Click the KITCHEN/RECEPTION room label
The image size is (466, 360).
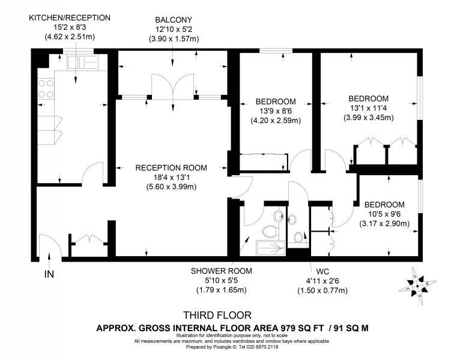coord(70,18)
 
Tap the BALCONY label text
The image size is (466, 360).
coord(174,20)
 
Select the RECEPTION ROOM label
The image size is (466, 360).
coord(171,168)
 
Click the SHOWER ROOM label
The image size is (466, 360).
coord(222,271)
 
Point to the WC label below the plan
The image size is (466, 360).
coord(322,271)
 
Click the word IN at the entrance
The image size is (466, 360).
coord(49,274)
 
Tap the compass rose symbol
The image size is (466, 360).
coord(417,286)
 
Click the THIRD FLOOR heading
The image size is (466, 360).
coord(217,315)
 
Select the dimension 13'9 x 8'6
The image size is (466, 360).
coord(276,111)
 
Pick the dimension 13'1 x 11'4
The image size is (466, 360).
coord(369,108)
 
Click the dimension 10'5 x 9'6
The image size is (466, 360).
coord(384,214)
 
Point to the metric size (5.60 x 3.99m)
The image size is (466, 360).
coord(171,187)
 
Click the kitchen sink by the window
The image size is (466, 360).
coord(83,62)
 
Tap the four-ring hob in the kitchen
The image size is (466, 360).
coord(46,89)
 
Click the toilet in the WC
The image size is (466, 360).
coord(298,237)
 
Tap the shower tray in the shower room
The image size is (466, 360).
coord(271,248)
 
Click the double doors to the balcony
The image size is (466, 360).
coord(173,86)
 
